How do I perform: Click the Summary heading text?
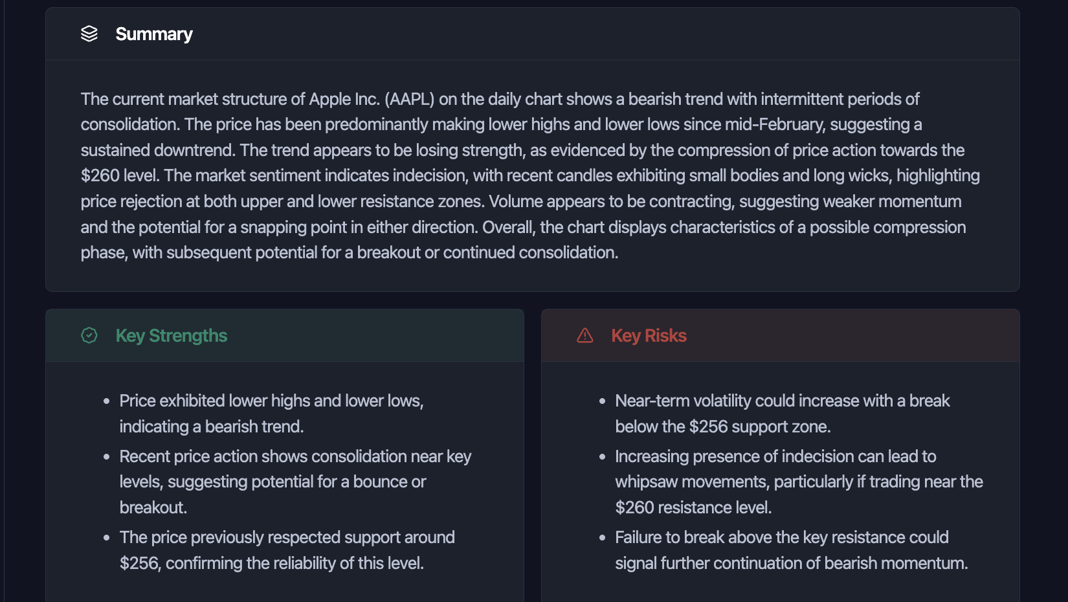[x=153, y=34]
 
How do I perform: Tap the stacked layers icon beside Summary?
[x=89, y=34]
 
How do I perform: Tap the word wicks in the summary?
[x=869, y=176]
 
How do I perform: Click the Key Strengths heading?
[x=171, y=335]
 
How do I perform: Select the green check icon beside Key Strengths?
[x=89, y=335]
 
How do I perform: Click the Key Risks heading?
[x=649, y=335]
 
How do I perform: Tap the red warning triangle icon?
[x=585, y=335]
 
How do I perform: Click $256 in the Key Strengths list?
[x=139, y=563]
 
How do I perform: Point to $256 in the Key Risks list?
[x=709, y=427]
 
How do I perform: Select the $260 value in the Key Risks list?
[x=634, y=507]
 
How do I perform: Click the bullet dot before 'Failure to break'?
[x=603, y=538]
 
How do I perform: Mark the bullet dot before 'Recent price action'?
[x=107, y=457]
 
